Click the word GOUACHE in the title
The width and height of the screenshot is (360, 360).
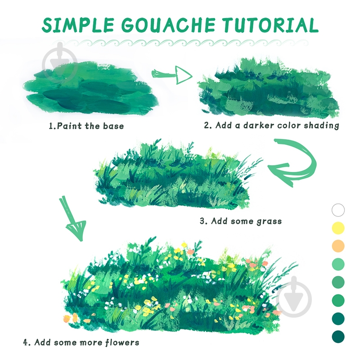(x=168, y=25)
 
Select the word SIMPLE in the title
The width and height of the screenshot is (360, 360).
(x=77, y=25)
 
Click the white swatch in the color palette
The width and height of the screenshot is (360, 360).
(x=338, y=210)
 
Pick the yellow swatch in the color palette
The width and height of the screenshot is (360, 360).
(x=338, y=228)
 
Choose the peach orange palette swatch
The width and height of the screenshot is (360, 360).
(x=338, y=246)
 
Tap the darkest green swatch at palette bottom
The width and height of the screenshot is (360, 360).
(x=338, y=337)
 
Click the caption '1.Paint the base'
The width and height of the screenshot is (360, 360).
(x=86, y=126)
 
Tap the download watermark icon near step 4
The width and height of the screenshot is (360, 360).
(x=294, y=297)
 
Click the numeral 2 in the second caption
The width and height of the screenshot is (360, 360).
(x=207, y=126)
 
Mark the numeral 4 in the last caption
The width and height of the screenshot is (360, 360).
(x=26, y=343)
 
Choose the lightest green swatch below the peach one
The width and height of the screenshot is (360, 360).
(x=338, y=264)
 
